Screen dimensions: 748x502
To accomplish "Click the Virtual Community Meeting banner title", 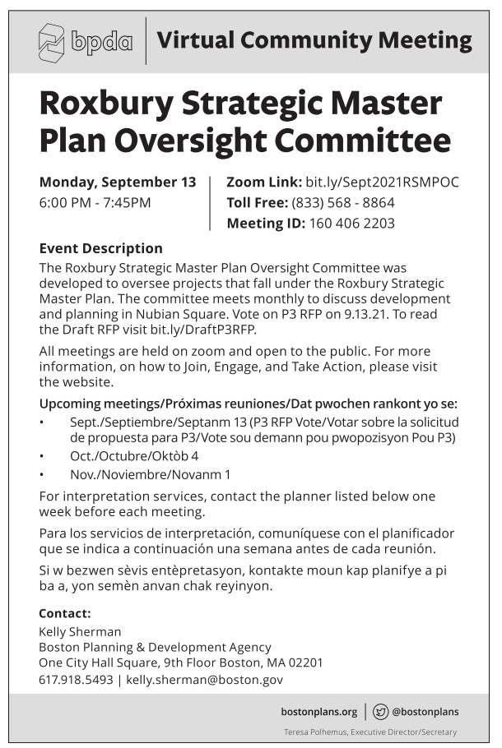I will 314,40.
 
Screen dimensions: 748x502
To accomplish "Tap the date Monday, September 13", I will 118,182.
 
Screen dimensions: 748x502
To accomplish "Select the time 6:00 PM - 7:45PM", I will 95,202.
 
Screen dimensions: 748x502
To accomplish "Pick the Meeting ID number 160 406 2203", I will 351,223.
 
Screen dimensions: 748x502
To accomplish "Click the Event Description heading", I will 100,248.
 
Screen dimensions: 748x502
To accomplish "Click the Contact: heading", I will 65,612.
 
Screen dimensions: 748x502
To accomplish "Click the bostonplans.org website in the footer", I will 319,712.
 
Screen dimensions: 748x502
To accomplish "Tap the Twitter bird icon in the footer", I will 380,712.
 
